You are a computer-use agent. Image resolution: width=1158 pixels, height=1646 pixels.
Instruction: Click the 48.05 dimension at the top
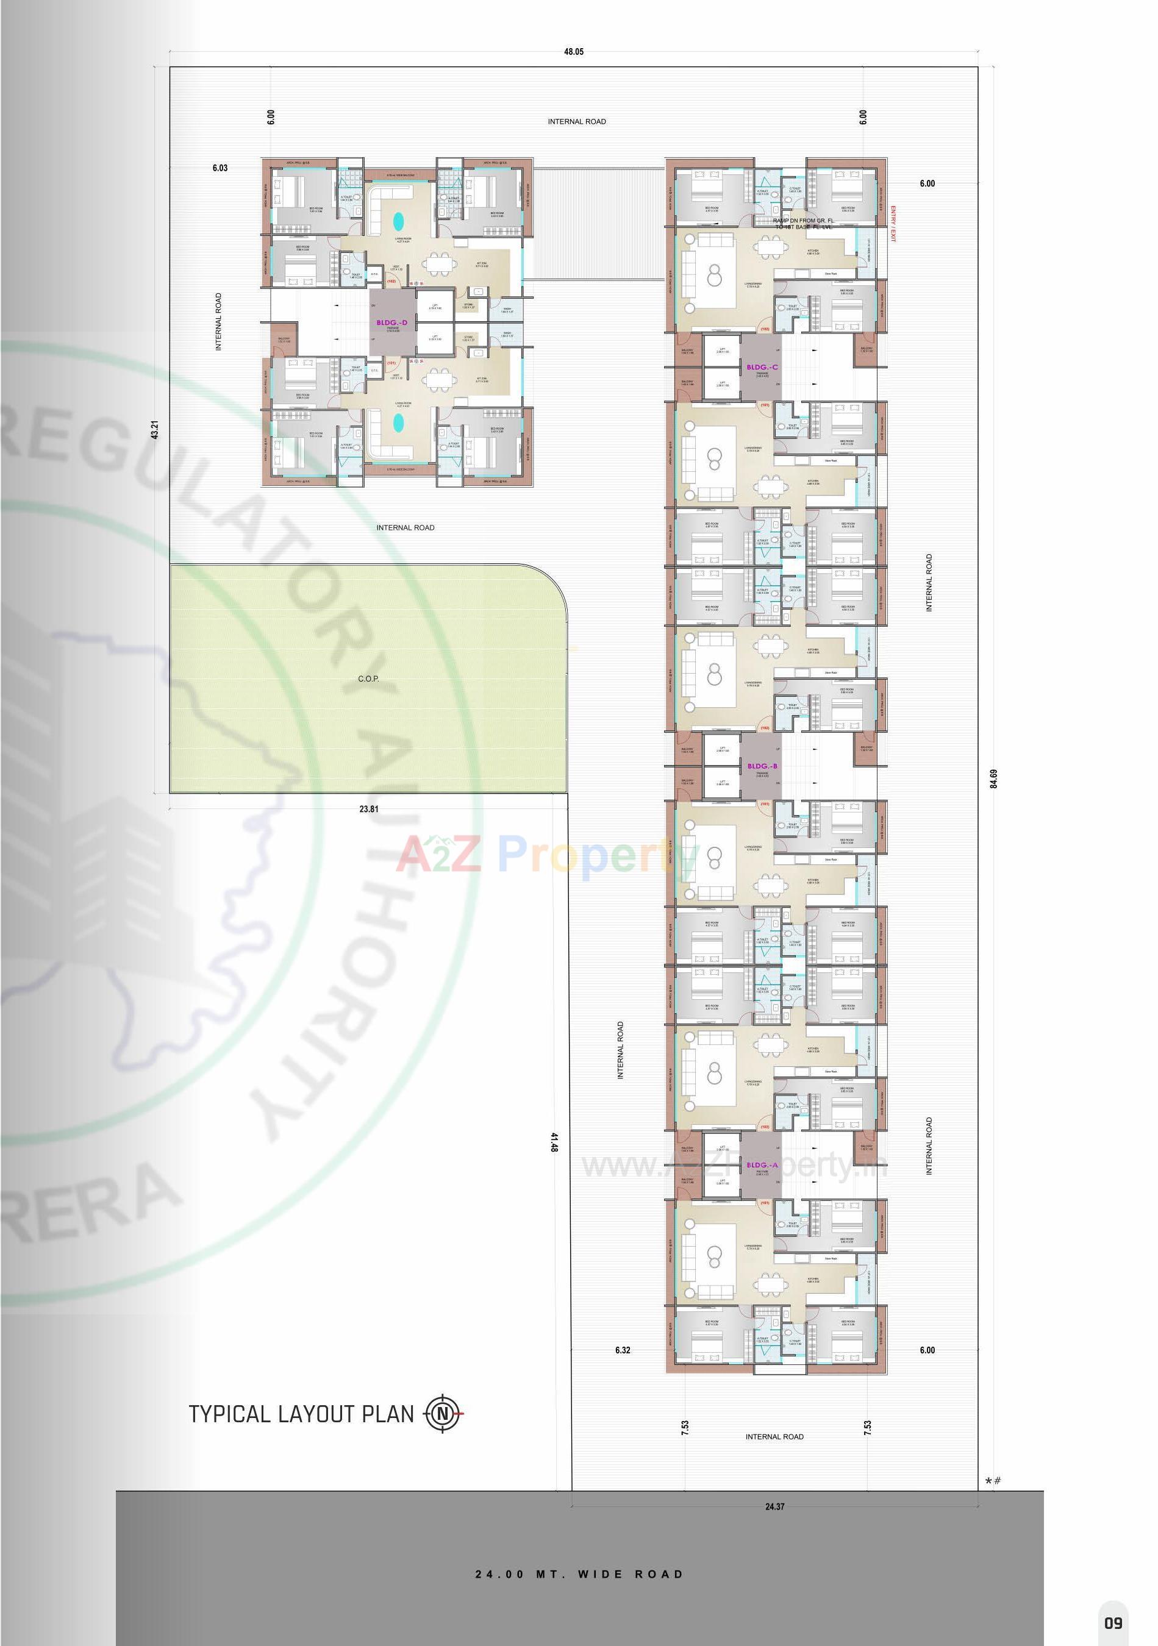[574, 52]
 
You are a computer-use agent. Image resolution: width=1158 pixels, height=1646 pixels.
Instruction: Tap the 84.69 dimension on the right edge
[994, 778]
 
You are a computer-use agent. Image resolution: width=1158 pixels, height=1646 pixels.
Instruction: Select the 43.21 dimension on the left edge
[154, 429]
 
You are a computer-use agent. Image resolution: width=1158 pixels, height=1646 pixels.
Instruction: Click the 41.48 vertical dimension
[554, 1142]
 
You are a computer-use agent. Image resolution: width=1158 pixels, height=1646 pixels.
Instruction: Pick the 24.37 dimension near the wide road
[774, 1506]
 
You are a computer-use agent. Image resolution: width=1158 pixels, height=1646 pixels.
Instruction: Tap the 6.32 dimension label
[623, 1350]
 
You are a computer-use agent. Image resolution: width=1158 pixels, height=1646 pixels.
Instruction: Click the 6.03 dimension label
[220, 168]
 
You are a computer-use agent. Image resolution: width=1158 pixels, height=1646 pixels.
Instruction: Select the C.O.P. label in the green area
[368, 678]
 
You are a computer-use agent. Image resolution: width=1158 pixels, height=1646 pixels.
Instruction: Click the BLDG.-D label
[391, 323]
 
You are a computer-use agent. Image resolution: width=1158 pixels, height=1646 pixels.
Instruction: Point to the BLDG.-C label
[762, 367]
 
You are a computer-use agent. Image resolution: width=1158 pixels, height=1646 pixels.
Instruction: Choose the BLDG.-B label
[762, 766]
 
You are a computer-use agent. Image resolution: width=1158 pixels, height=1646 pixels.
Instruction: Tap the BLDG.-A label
[762, 1165]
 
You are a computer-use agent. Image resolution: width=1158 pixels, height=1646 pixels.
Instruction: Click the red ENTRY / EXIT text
[893, 224]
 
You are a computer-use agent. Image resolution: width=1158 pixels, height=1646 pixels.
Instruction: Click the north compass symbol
[444, 1414]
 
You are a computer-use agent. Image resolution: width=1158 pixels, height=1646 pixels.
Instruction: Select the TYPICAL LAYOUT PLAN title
[302, 1414]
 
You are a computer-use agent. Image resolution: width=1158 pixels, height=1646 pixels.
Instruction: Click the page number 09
[1113, 1622]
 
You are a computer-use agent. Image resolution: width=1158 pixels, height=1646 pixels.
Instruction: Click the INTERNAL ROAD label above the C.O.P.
[405, 528]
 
